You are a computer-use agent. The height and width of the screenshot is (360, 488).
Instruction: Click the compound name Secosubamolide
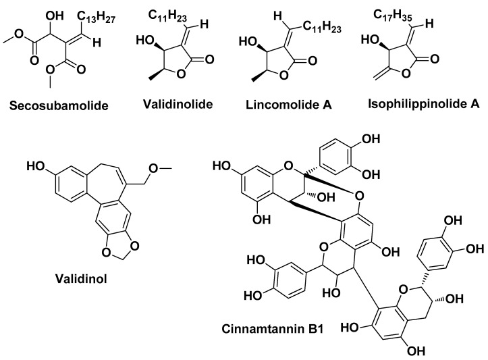pyautogui.click(x=54, y=105)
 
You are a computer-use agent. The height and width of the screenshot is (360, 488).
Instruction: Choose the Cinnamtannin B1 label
pyautogui.click(x=279, y=330)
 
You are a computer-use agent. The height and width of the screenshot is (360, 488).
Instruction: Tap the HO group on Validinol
pyautogui.click(x=33, y=165)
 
